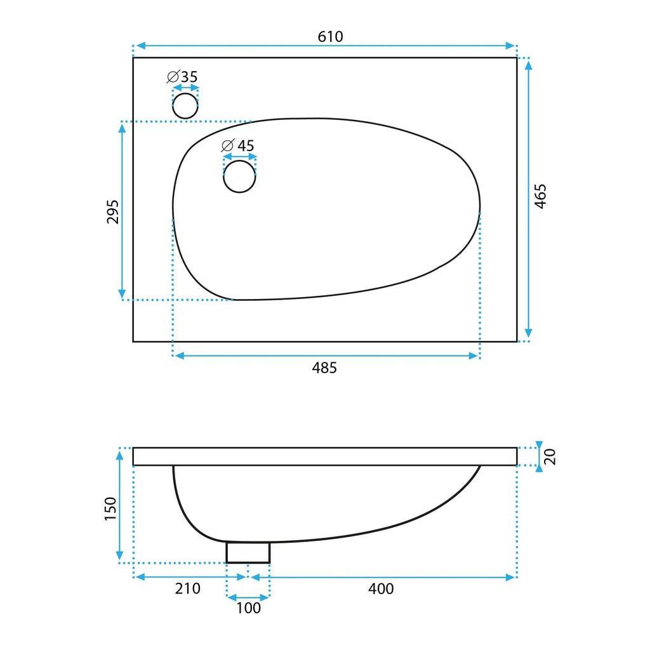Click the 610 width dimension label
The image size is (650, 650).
[x=330, y=37]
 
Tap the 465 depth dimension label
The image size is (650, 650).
[x=540, y=196]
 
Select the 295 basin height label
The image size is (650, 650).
[x=113, y=212]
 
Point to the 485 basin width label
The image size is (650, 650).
[x=324, y=368]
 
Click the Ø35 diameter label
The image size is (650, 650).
[x=182, y=77]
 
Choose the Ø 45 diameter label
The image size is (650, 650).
[x=238, y=145]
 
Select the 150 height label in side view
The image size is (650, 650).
[x=110, y=508]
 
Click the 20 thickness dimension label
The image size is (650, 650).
[x=550, y=456]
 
